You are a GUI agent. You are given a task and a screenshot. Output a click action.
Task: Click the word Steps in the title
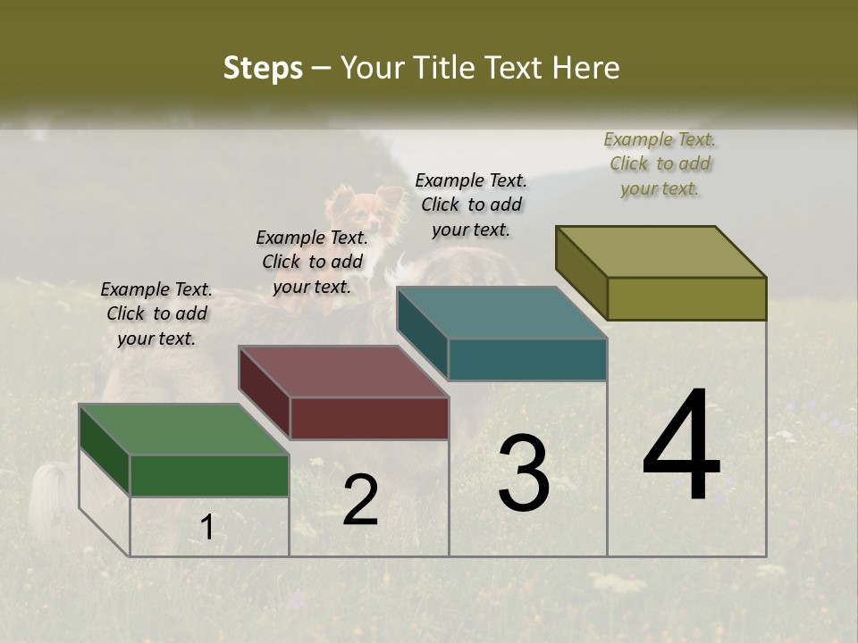(x=263, y=68)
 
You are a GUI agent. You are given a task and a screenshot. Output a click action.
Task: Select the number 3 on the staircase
(x=523, y=473)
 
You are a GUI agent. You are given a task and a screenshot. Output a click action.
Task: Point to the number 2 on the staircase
(x=360, y=500)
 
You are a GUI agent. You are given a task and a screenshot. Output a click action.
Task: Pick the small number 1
(x=206, y=527)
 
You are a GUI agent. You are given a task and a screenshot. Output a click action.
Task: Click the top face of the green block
(x=182, y=430)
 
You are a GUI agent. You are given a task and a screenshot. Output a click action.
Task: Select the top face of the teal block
(x=501, y=313)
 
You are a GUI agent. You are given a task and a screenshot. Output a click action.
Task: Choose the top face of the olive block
(x=660, y=252)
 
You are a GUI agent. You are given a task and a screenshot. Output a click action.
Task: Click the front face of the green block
(x=209, y=475)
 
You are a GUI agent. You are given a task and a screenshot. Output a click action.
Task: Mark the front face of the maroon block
(x=369, y=418)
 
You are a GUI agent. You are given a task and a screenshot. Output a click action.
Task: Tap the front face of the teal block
(x=527, y=359)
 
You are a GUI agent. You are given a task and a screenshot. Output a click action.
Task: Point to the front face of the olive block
(x=686, y=298)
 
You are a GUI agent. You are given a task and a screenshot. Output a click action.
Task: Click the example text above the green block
(x=156, y=313)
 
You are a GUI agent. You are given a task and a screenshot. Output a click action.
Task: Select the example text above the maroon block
(x=312, y=262)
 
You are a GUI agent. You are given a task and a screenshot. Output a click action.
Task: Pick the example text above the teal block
(x=471, y=205)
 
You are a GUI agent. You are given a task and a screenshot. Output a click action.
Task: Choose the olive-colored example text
(x=660, y=163)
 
